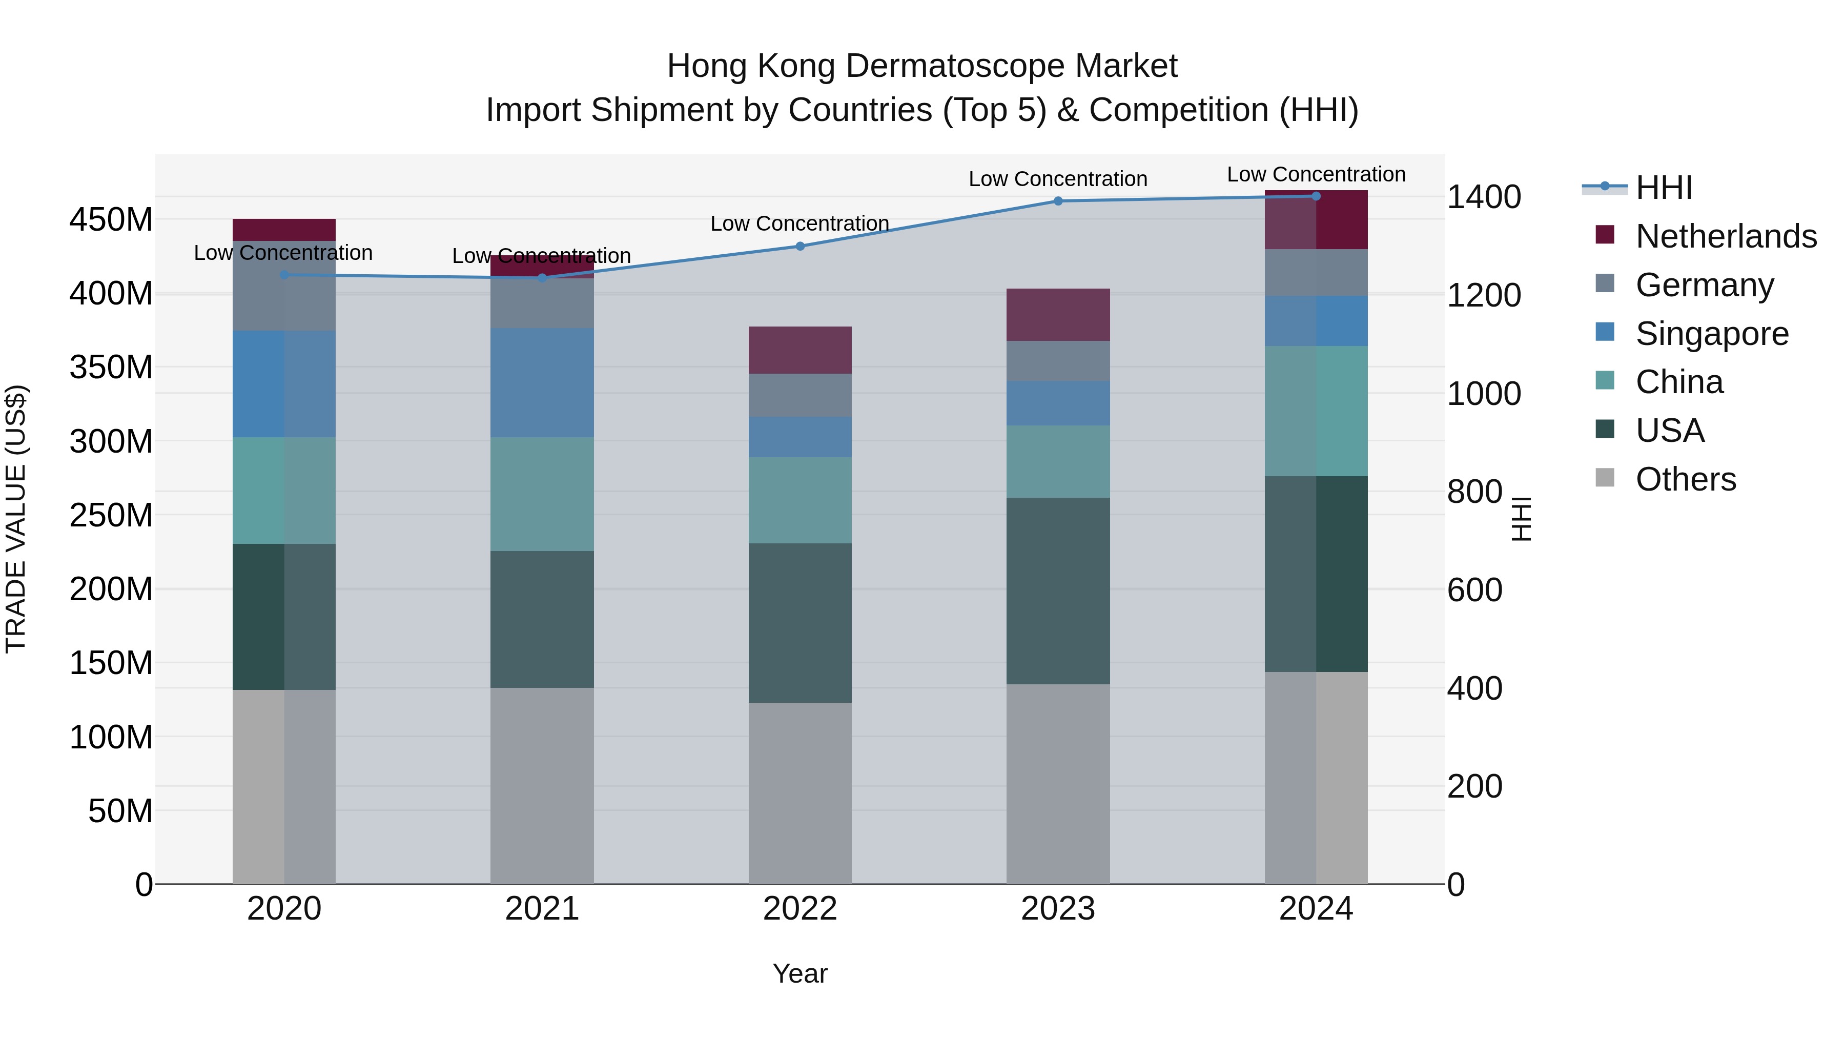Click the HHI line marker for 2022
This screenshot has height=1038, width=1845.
point(800,247)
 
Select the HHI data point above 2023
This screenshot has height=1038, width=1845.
point(1058,201)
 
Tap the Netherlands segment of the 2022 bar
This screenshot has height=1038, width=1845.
point(800,350)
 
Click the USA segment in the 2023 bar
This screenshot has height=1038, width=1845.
point(1058,591)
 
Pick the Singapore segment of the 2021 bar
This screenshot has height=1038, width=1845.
point(542,382)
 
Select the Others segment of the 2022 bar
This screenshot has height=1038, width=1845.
point(800,793)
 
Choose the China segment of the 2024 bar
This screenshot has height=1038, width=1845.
point(1316,411)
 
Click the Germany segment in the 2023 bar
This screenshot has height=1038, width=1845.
point(1058,361)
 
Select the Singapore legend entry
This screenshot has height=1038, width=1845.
point(1711,334)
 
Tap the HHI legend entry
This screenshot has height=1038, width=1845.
point(1664,188)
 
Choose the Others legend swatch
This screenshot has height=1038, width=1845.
point(1605,478)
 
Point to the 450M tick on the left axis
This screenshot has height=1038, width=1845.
point(111,220)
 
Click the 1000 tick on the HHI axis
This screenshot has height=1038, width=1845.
point(1483,394)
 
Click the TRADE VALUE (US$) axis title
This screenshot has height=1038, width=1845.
point(16,519)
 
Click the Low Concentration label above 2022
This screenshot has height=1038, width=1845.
point(799,223)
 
